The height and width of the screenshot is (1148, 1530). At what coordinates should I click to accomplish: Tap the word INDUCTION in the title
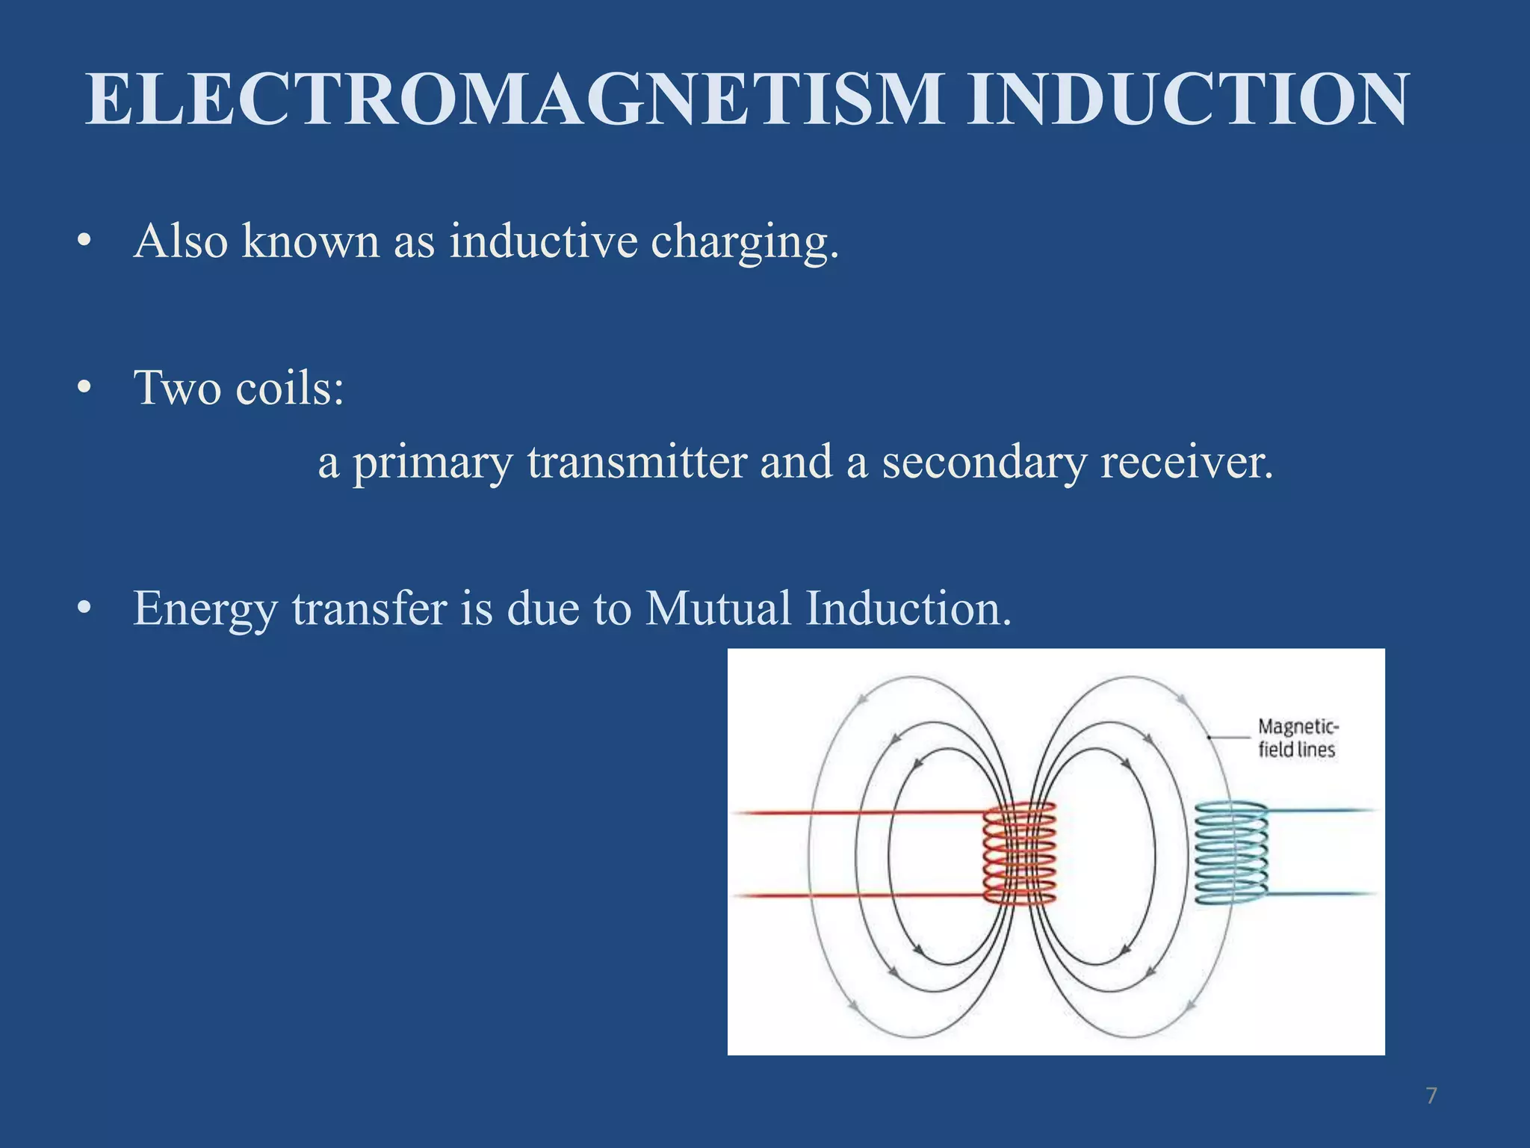click(1187, 99)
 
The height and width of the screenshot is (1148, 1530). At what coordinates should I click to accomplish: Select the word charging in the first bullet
click(744, 243)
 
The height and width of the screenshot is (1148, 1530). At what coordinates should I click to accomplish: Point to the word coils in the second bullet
click(289, 388)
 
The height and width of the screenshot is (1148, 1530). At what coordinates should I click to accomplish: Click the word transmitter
click(637, 462)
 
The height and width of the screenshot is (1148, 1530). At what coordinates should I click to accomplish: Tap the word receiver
click(1186, 462)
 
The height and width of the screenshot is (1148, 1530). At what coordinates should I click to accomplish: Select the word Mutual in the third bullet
click(718, 608)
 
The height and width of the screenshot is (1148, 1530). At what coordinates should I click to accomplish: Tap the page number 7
click(1431, 1096)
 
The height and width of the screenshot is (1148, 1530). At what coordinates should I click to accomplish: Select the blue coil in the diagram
click(1230, 853)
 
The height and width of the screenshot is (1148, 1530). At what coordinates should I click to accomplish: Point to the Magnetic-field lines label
click(1297, 738)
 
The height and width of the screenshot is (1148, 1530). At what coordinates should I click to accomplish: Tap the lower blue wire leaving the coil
click(1322, 894)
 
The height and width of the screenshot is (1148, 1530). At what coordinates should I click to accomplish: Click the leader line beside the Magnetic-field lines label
click(1230, 737)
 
